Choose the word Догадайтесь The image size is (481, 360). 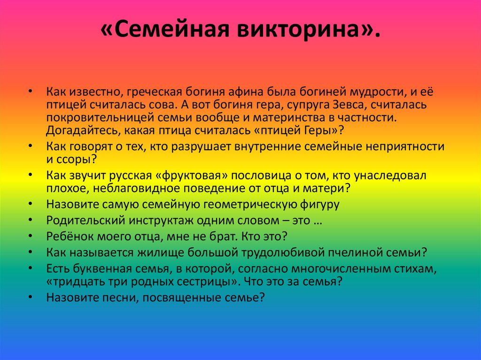[x=81, y=131]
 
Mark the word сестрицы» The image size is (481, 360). [x=213, y=282]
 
